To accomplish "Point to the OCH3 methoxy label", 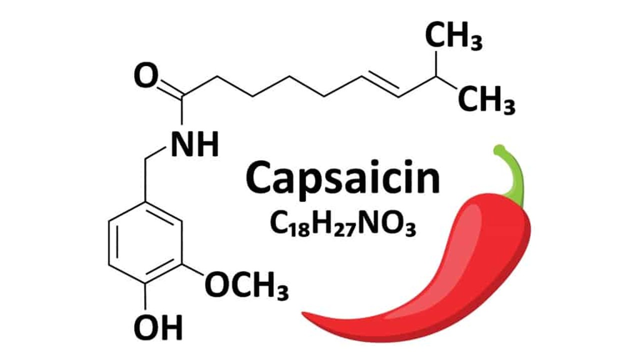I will pyautogui.click(x=246, y=286).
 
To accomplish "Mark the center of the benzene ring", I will pyautogui.click(x=145, y=243).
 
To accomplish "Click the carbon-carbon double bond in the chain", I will pyautogui.click(x=381, y=84).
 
